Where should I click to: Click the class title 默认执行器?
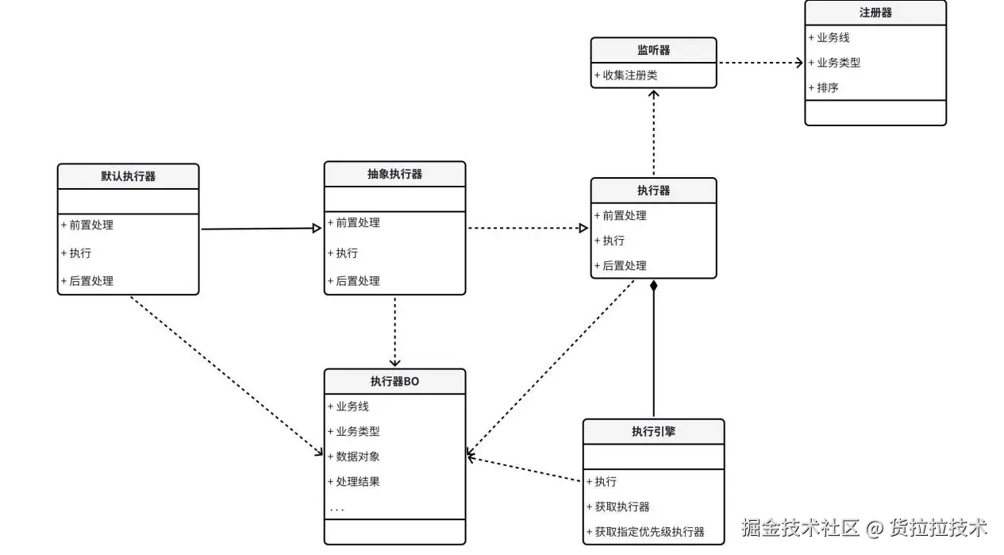click(x=128, y=176)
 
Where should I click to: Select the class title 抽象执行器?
click(x=394, y=174)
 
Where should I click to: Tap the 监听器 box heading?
click(x=653, y=50)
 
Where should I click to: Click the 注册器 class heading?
click(x=875, y=13)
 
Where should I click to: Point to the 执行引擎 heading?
click(x=653, y=432)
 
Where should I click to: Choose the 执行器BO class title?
click(x=394, y=381)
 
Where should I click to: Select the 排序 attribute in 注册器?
click(x=827, y=87)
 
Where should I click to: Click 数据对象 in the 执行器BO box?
click(x=357, y=457)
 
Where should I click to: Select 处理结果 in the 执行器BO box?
click(x=357, y=482)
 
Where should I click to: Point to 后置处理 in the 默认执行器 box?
click(x=90, y=281)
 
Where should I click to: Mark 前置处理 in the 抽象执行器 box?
click(x=357, y=223)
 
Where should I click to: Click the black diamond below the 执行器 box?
click(x=653, y=286)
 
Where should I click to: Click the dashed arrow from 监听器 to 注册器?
click(x=760, y=63)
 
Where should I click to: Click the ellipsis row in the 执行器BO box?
click(x=337, y=508)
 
